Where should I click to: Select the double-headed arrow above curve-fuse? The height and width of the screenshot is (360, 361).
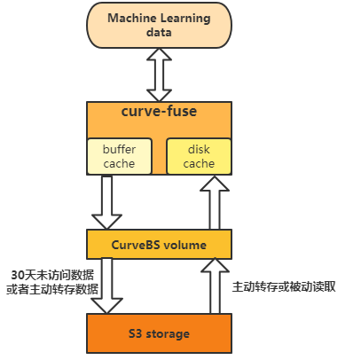tap(159, 75)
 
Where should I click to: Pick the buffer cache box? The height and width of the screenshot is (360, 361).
tap(119, 156)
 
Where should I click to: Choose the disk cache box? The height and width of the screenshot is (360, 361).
tap(199, 156)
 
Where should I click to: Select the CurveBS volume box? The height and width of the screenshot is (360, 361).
tap(159, 244)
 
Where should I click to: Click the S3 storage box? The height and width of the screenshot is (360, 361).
tap(159, 333)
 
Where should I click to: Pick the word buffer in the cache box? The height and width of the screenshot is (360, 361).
tap(119, 149)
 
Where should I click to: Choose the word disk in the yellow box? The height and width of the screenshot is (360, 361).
tap(199, 149)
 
